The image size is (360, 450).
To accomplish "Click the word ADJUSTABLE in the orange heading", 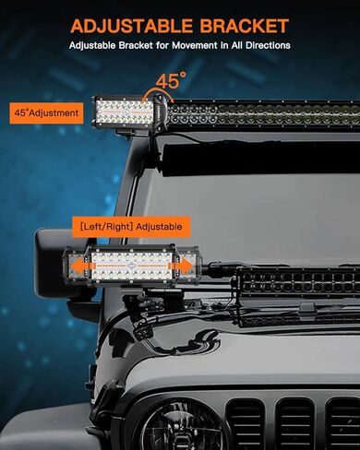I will (x=130, y=25).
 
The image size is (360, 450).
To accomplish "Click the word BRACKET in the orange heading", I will (x=241, y=25).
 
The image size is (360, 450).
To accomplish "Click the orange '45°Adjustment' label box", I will (x=46, y=112).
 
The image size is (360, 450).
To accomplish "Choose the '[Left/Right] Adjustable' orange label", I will (x=130, y=225).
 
